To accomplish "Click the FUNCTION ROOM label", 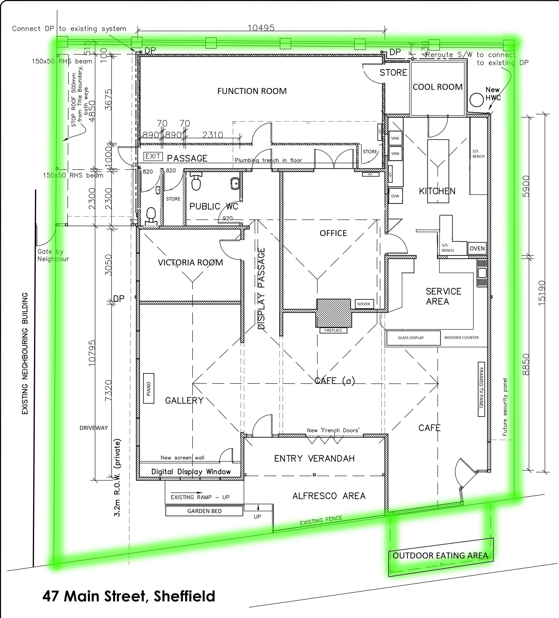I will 252,91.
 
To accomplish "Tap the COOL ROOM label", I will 437,87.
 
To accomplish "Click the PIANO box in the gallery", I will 149,388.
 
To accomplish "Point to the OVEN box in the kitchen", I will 477,248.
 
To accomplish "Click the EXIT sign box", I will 153,156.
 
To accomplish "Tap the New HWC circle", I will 476,100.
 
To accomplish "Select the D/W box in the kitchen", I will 395,196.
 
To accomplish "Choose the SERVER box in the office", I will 364,304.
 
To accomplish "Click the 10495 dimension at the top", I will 261,28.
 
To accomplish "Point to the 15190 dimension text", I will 542,293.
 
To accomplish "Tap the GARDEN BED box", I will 204,511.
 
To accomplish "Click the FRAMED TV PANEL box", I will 481,389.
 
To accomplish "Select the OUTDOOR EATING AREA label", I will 440,555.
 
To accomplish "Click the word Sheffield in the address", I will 184,596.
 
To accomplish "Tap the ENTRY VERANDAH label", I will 314,458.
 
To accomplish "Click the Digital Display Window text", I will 191,472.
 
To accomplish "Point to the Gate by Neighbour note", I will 53,255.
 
